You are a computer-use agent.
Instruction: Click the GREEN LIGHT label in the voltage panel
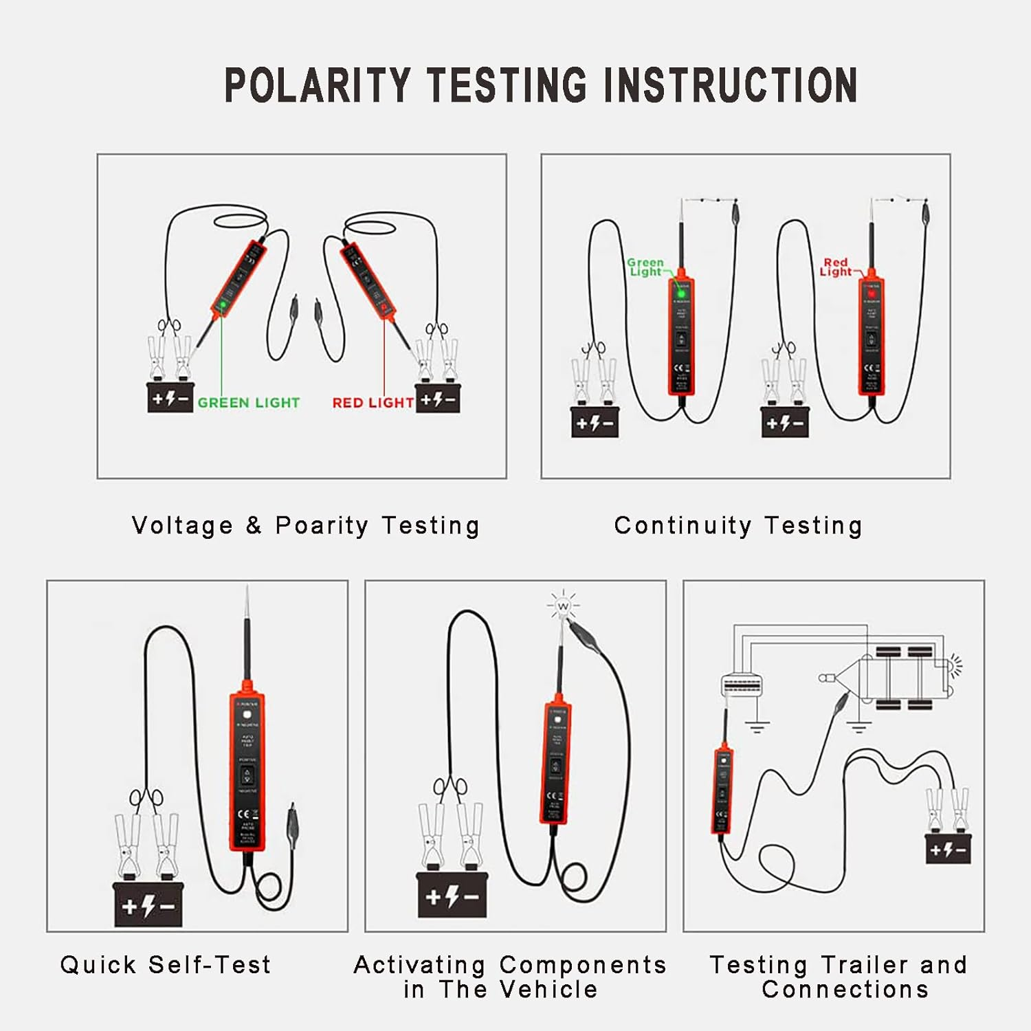248,403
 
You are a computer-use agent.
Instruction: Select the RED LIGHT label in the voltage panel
373,403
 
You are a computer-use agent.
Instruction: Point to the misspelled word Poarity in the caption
322,526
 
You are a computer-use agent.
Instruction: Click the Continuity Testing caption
738,526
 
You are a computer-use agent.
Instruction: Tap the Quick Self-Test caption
166,965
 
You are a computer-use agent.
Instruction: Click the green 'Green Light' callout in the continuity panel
645,267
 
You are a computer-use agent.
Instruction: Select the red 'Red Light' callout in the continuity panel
836,267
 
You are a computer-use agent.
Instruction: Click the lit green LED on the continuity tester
681,295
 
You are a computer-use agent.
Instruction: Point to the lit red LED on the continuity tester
872,294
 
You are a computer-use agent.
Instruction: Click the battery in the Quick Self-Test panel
148,906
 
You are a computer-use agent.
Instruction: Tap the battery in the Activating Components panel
452,896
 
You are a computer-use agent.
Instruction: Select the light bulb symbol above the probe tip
563,606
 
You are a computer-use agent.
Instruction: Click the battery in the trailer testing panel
948,850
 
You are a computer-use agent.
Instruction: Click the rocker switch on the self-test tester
247,776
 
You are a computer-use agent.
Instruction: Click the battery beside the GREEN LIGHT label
170,398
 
